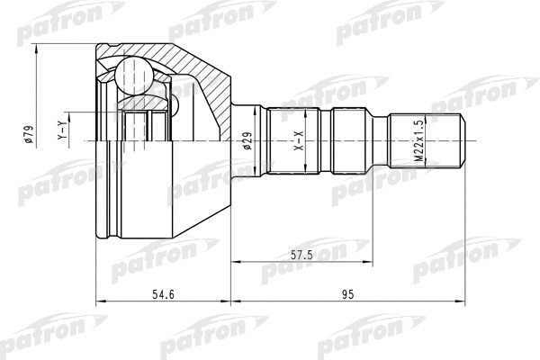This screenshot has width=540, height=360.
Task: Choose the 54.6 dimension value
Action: (161, 293)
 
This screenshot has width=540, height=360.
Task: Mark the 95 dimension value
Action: (350, 293)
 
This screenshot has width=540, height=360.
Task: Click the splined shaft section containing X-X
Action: (292, 140)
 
